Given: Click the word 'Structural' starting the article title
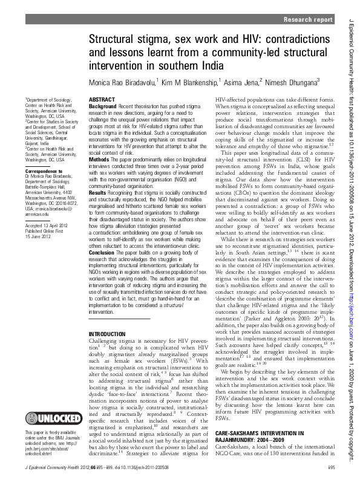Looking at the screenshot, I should (111, 40).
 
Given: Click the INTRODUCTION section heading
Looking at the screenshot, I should (108, 334).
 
